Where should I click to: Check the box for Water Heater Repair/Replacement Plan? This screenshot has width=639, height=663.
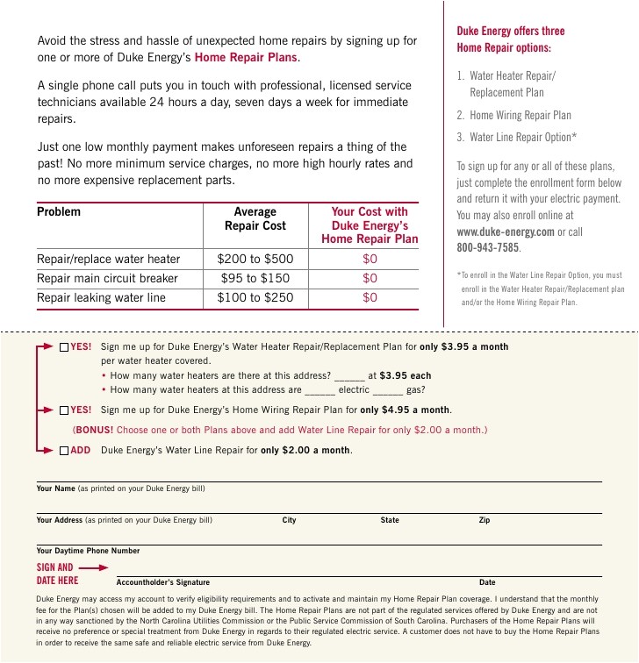(x=64, y=346)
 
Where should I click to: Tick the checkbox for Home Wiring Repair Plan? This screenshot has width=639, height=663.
(x=64, y=410)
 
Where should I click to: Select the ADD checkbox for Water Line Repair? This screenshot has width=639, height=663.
(x=64, y=451)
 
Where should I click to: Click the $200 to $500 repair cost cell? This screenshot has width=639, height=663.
(x=255, y=259)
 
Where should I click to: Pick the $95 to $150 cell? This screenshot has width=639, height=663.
(x=255, y=278)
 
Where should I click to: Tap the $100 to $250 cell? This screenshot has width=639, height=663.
(x=255, y=297)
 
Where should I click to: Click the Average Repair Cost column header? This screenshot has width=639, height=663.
(x=255, y=218)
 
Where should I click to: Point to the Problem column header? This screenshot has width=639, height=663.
(x=59, y=211)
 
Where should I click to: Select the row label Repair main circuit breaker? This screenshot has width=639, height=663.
(x=107, y=278)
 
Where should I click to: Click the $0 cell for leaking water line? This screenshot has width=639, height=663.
(x=370, y=297)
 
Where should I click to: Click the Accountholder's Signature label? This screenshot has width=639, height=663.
(x=163, y=582)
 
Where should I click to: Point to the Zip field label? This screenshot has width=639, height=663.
(x=485, y=520)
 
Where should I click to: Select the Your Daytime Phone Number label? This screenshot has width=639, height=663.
(x=88, y=551)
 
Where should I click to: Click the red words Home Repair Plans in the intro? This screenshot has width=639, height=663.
(x=247, y=57)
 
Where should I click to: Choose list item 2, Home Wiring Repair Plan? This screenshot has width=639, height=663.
(x=521, y=115)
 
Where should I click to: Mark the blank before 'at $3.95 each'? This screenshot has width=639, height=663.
(x=348, y=376)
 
